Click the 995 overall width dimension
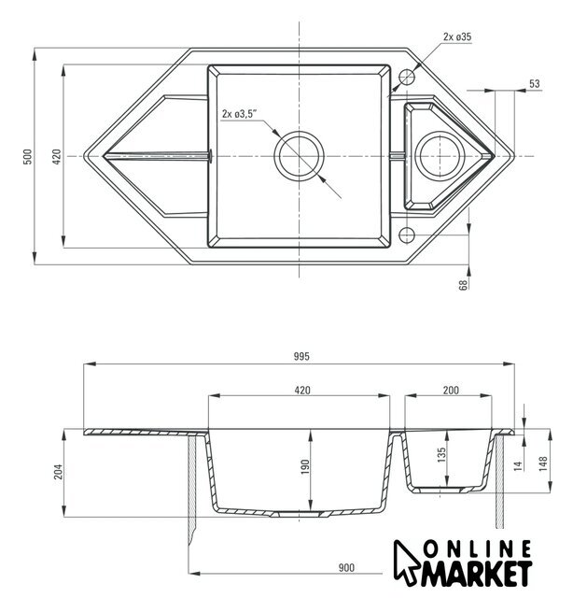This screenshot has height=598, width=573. coord(301,356)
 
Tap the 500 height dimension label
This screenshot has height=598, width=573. coord(28,156)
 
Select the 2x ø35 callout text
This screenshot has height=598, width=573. coord(457,36)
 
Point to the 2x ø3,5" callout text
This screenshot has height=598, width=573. coord(240,114)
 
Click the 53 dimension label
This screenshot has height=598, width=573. coord(535,83)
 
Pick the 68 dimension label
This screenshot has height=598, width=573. coord(463,285)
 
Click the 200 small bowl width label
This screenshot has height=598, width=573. coord(451,390)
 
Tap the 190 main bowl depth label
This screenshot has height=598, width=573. coord(305,467)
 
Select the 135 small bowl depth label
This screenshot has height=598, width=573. coord(441,455)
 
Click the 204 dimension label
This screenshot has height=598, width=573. coord(58,472)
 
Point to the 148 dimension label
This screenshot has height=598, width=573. coord(544,463)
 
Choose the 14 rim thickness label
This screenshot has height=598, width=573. coord(518,465)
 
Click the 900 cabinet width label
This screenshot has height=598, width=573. coord(346,567)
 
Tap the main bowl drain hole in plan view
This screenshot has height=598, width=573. coord(299,156)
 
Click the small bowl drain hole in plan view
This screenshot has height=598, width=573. coord(440,156)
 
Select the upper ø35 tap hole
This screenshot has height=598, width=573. coord(407,77)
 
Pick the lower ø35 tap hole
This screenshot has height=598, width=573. coord(407,235)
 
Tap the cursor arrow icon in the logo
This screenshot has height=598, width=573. coord(406,562)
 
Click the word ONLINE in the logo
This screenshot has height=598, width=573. coord(478,550)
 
